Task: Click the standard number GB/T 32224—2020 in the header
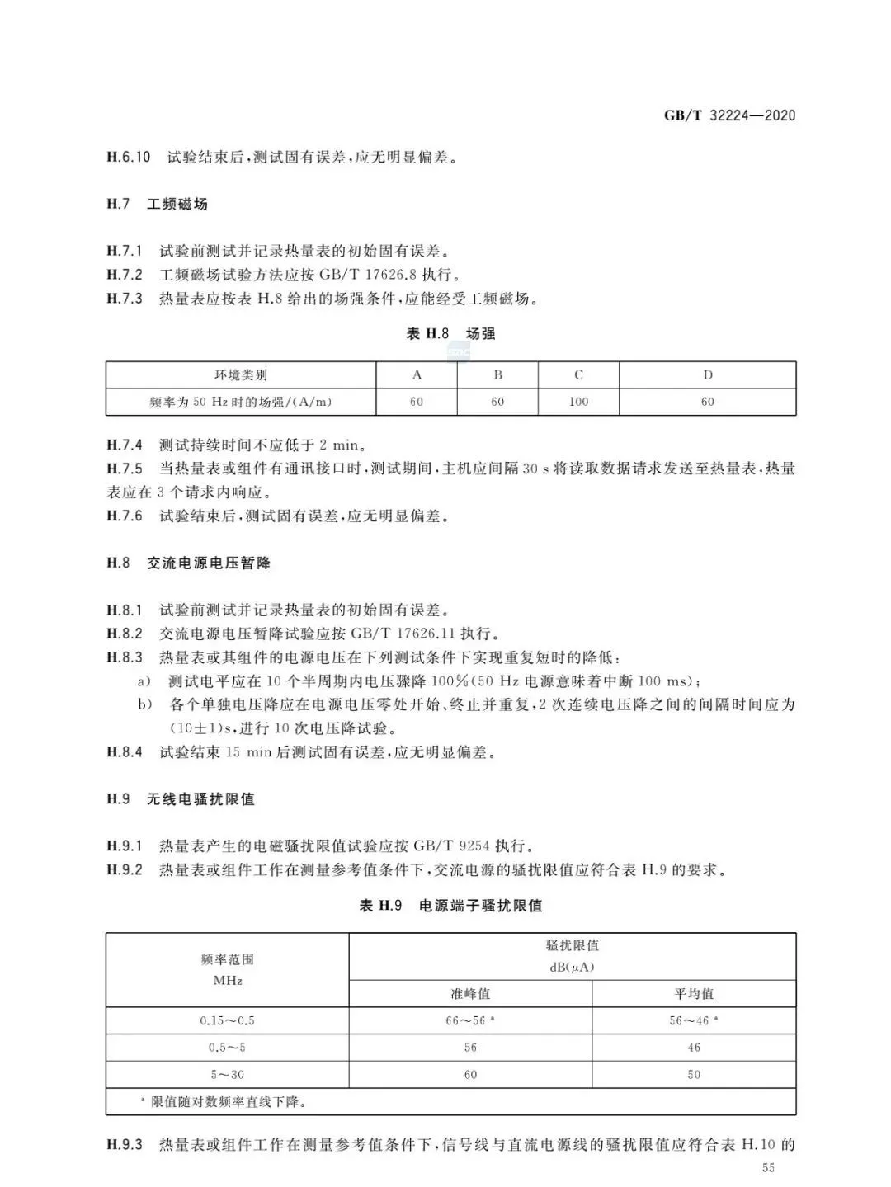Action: tap(729, 115)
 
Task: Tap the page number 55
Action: tap(769, 1167)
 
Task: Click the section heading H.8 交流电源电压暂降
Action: tap(188, 563)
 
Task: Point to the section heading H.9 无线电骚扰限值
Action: tap(180, 799)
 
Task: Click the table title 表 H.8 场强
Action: tap(450, 334)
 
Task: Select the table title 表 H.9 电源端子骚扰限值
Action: tap(450, 906)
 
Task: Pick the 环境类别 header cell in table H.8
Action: tap(241, 375)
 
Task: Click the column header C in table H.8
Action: tap(578, 375)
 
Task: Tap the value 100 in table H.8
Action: tap(578, 402)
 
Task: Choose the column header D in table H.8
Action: tap(707, 375)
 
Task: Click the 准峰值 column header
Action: tap(470, 994)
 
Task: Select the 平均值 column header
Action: tap(694, 994)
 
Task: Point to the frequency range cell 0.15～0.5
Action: tap(227, 1021)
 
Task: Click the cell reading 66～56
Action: tap(468, 1021)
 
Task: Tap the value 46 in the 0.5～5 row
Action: tap(694, 1048)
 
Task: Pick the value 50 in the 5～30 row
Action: tap(694, 1075)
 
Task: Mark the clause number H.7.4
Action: tap(125, 445)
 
